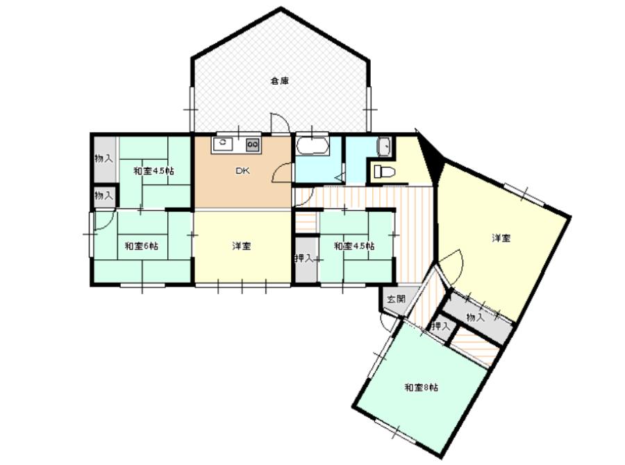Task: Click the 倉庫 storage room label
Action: point(281,81)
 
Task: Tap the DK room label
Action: point(242,171)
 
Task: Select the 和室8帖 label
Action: point(422,387)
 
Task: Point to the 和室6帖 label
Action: point(142,246)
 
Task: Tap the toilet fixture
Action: point(384,172)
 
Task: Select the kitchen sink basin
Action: point(223,144)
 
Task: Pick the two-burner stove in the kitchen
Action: point(252,145)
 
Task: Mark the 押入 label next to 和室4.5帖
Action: point(304,259)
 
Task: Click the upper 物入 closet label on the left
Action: point(103,158)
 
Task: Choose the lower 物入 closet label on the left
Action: point(103,195)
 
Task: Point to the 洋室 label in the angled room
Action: point(501,238)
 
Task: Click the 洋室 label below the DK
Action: point(242,246)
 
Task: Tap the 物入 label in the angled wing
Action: point(475,318)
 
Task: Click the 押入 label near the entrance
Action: point(440,327)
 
